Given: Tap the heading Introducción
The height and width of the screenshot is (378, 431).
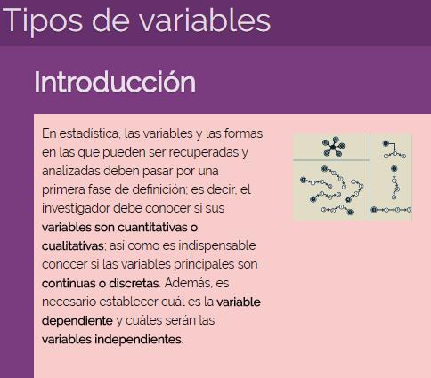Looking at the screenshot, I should click(114, 82).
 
